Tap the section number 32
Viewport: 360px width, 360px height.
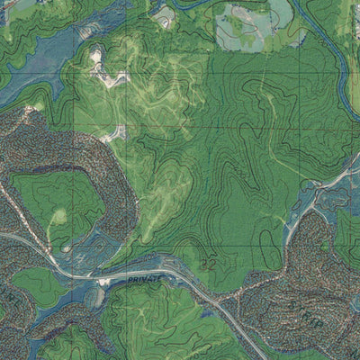pos(209,263)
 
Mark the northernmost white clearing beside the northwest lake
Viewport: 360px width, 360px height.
pos(95,56)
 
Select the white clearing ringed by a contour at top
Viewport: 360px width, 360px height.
pos(164,15)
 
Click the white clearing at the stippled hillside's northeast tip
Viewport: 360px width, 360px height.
pos(115,134)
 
